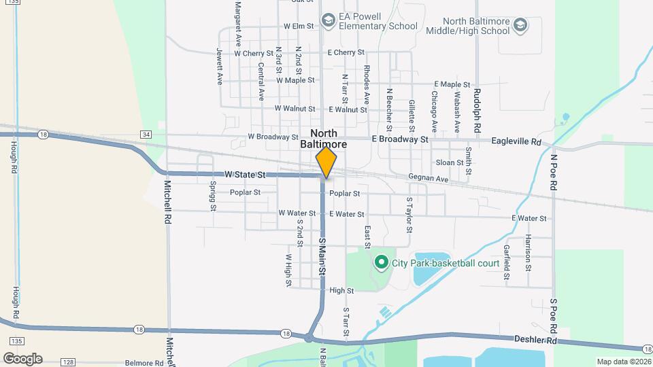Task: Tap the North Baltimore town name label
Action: pyautogui.click(x=329, y=139)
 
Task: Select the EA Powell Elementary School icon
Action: pyautogui.click(x=329, y=21)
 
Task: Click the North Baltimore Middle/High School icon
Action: pyautogui.click(x=520, y=26)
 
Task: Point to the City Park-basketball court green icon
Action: pyautogui.click(x=382, y=262)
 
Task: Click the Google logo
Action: pyautogui.click(x=22, y=358)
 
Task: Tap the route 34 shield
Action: pyautogui.click(x=146, y=135)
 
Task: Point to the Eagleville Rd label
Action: pyautogui.click(x=516, y=142)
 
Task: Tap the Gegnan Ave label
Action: pyautogui.click(x=429, y=178)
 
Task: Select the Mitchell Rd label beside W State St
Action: pyautogui.click(x=169, y=203)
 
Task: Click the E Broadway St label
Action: pyautogui.click(x=400, y=139)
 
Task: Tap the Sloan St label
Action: pyautogui.click(x=450, y=162)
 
